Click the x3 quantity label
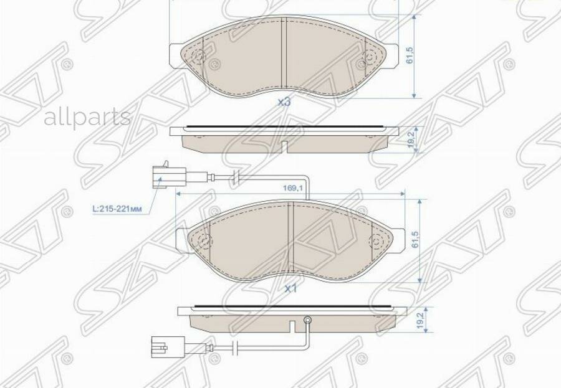[284, 102]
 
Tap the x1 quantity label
[290, 289]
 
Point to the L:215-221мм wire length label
[120, 210]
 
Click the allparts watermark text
[87, 116]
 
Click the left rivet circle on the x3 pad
[199, 59]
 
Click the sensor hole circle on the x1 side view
[307, 320]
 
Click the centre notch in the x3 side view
[284, 146]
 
